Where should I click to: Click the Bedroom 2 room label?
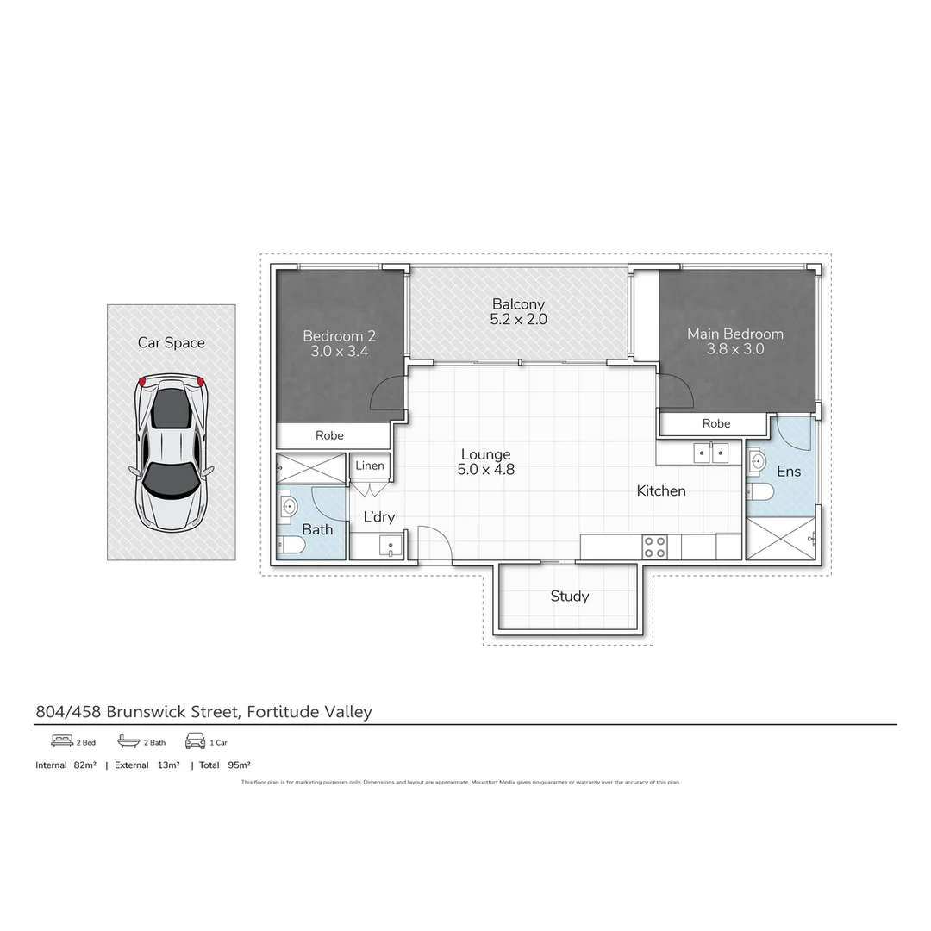(x=339, y=343)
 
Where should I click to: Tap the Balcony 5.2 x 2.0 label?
(x=518, y=311)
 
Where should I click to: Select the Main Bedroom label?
(x=734, y=341)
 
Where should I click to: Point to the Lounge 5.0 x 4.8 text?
(x=485, y=462)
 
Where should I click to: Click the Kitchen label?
(x=661, y=490)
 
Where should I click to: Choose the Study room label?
(x=569, y=596)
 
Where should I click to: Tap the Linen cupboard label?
(x=370, y=465)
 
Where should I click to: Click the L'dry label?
(x=378, y=516)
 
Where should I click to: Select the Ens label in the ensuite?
(x=788, y=472)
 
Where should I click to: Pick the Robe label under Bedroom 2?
(x=329, y=435)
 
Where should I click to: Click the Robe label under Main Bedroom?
(x=715, y=423)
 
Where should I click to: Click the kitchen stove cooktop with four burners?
(x=654, y=547)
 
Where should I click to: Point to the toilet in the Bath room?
(x=291, y=547)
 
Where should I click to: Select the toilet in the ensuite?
(x=760, y=491)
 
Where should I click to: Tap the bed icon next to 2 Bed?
(x=61, y=741)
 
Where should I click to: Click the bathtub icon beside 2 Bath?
(x=128, y=741)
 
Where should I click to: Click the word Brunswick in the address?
(x=150, y=711)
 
